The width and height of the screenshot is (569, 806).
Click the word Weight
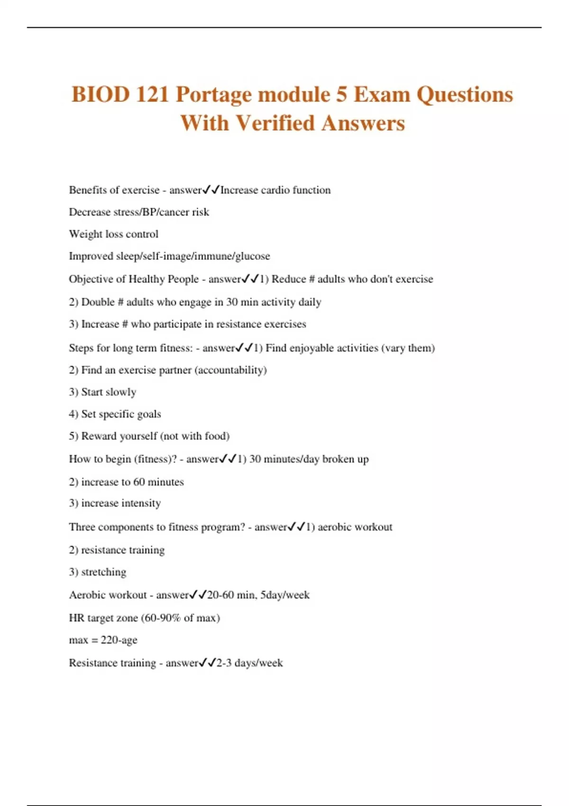click(83, 234)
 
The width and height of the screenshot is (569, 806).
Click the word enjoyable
click(311, 348)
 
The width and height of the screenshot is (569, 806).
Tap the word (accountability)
click(231, 370)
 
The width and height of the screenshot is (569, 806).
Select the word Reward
click(98, 436)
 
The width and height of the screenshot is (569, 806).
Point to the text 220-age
click(119, 640)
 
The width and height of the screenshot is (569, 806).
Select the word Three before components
click(82, 527)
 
